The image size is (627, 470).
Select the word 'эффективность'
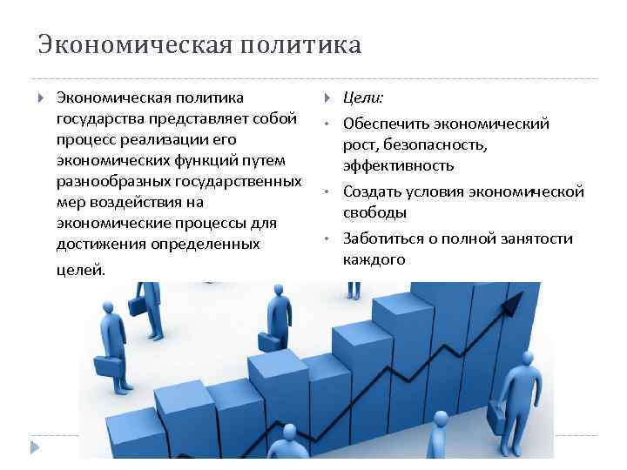[398, 165]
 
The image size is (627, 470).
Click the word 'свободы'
[374, 212]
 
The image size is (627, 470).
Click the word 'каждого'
[374, 259]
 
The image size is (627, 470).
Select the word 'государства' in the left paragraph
[96, 118]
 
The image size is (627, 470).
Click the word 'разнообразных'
[109, 182]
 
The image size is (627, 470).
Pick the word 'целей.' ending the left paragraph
[79, 270]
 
